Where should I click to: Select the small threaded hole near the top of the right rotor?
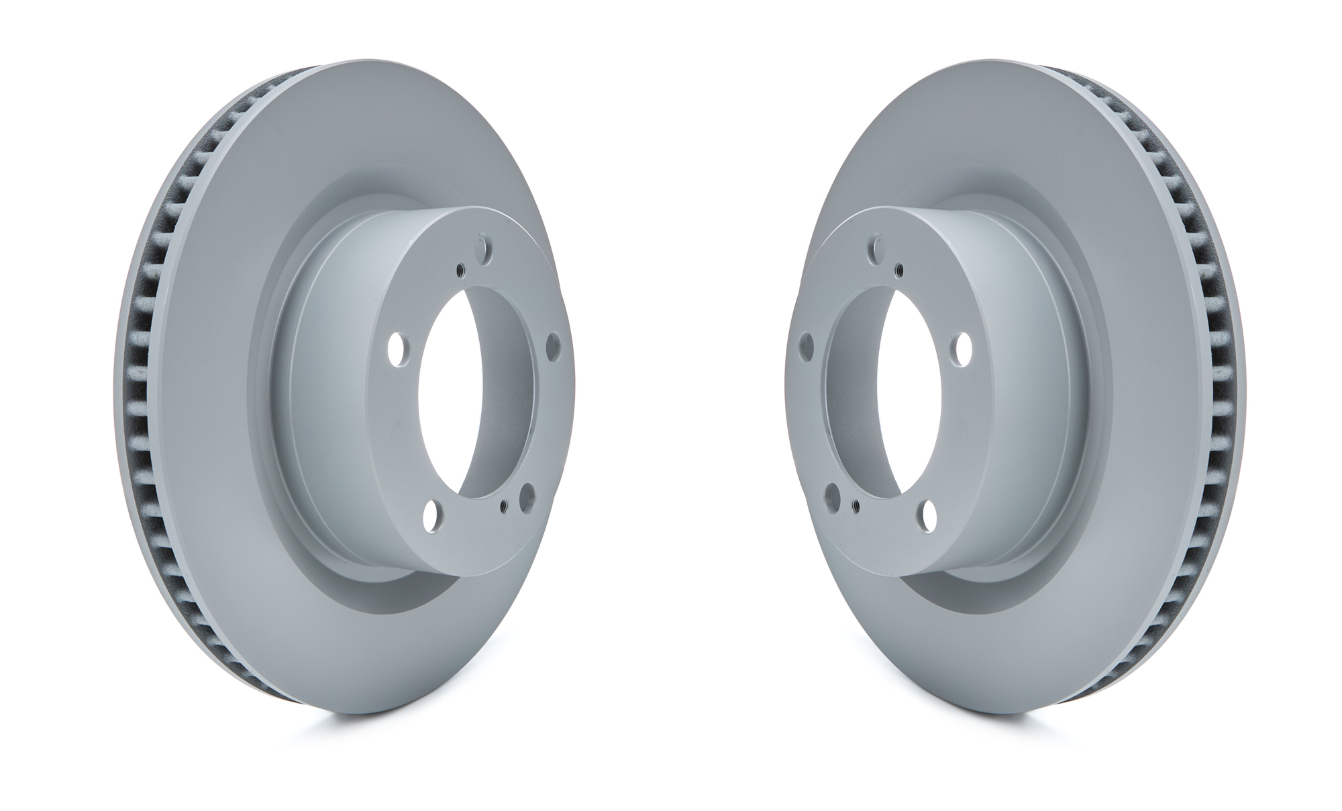pos(898,270)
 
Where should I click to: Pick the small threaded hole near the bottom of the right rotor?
pos(855,504)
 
